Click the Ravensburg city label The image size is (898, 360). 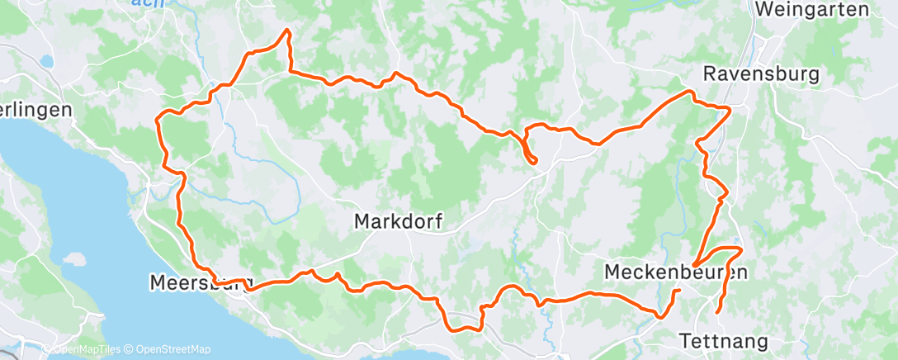coord(760,74)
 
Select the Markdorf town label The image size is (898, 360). coord(398,221)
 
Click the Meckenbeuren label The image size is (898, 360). coord(675,272)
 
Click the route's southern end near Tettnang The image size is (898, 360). coord(716,312)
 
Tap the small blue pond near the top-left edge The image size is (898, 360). coord(46,61)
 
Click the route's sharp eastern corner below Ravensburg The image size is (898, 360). coord(730,109)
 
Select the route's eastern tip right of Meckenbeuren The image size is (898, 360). coord(741,249)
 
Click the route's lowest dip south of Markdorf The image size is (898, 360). coord(462,329)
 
